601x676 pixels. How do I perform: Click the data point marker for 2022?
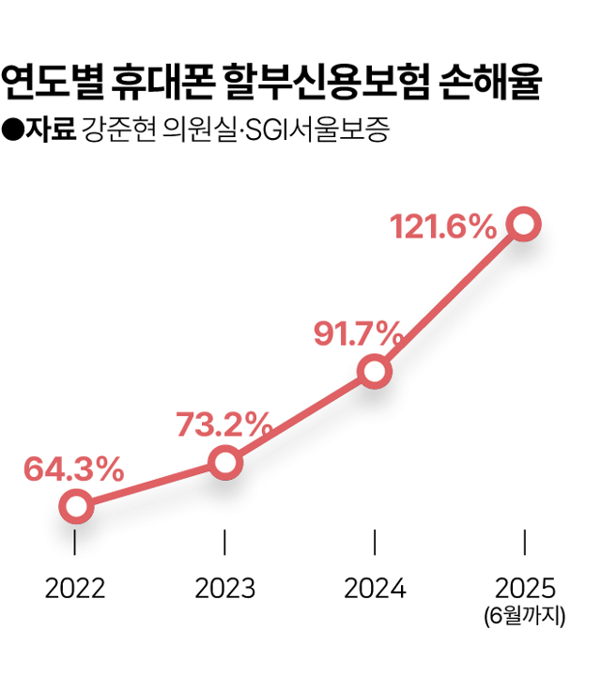pos(76,507)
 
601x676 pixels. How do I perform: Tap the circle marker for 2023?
pos(225,462)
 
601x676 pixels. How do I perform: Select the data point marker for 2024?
pos(375,373)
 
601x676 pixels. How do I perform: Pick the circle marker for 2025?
pos(524,223)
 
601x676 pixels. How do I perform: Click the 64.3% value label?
pos(73,469)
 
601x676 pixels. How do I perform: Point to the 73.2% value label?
pos(224,424)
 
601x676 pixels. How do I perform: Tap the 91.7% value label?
pos(359,334)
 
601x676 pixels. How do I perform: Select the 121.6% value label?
pos(442,225)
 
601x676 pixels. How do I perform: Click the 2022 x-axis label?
pos(75,589)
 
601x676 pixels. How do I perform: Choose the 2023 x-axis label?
pos(225,589)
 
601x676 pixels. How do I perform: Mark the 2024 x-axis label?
pos(375,589)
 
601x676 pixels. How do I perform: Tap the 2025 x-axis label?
pos(525,589)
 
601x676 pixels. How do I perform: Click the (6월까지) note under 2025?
pos(525,617)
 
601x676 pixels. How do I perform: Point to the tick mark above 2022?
pos(75,542)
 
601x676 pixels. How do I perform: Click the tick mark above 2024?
pos(375,542)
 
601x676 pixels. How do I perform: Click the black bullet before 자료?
pos(13,129)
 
